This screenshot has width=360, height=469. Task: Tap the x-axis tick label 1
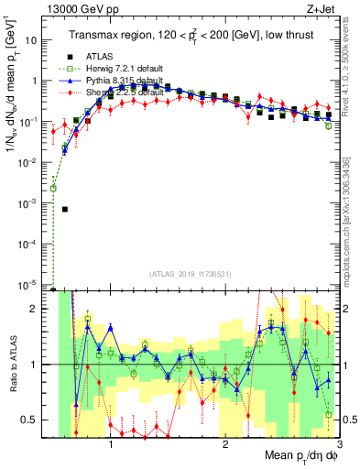click(111, 445)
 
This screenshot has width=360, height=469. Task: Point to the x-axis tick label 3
click(338, 445)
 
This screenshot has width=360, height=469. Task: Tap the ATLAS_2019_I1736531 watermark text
click(190, 274)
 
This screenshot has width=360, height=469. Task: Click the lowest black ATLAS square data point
click(65, 209)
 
